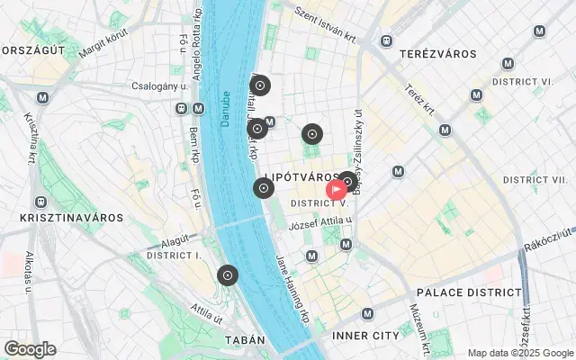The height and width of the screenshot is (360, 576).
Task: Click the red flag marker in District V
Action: point(337,190)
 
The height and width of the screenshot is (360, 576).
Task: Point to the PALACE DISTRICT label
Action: point(469,292)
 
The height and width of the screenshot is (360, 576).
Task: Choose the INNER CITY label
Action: point(364,336)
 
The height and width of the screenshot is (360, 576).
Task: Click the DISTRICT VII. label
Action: point(536,180)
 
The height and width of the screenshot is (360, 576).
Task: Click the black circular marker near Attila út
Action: point(228,274)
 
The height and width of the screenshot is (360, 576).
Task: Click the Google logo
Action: point(29,349)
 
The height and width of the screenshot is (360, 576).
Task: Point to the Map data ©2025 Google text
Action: point(520,353)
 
